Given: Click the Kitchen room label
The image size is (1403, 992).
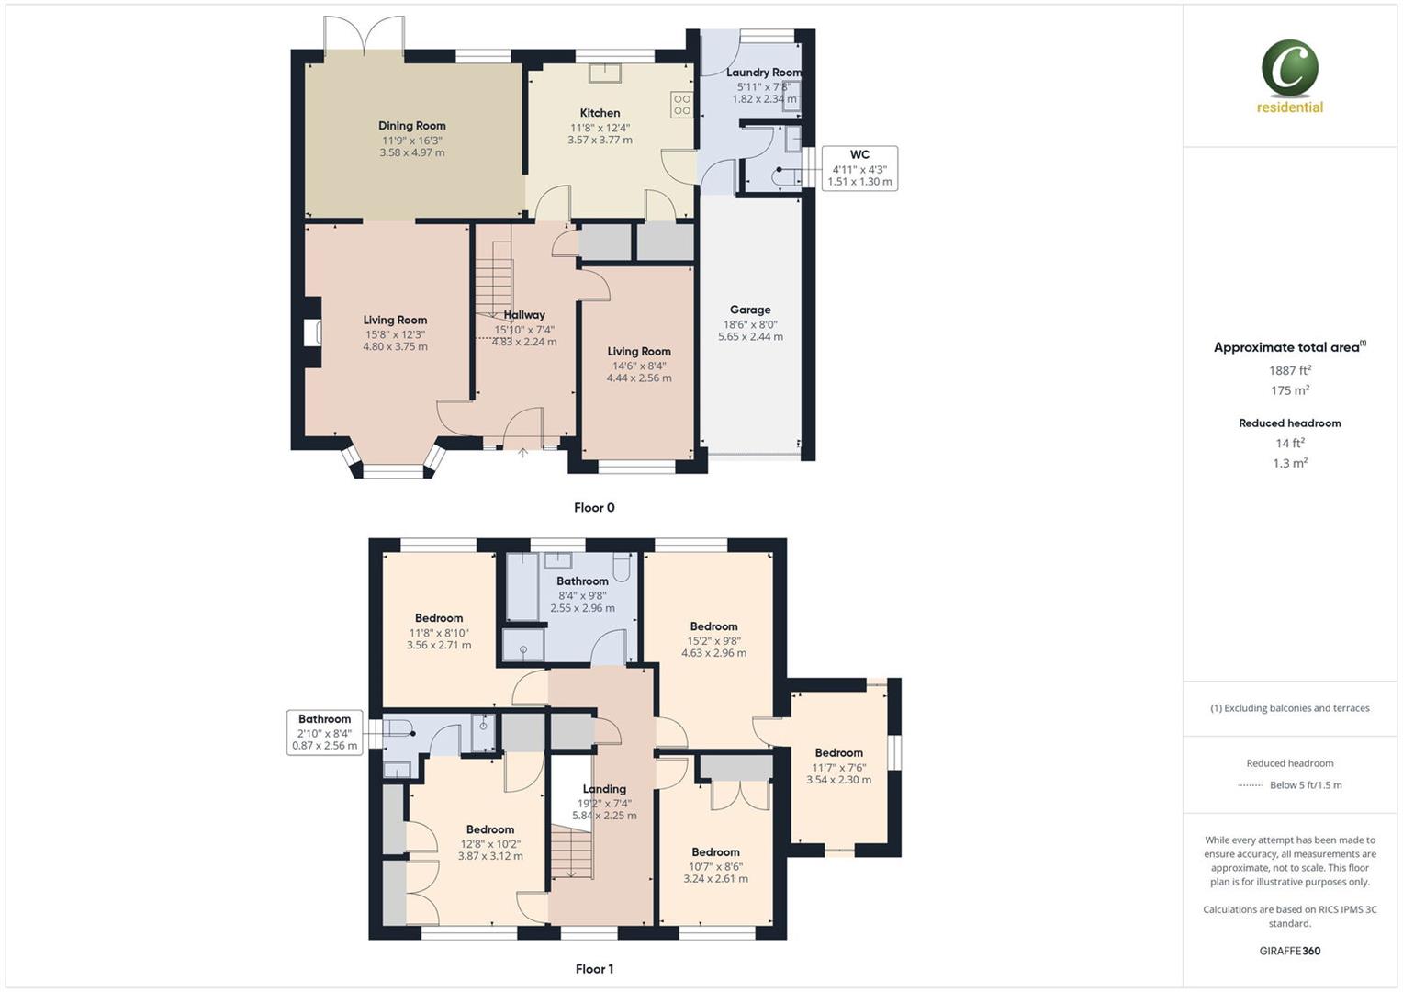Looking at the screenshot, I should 600,113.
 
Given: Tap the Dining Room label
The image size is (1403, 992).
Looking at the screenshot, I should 411,126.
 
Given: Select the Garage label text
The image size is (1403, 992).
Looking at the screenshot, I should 750,310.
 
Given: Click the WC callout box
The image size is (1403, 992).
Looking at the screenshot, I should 859,168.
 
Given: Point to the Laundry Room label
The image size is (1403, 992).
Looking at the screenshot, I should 763,73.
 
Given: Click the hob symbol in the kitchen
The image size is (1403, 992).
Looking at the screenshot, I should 681,105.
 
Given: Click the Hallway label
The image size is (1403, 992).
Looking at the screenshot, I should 523,315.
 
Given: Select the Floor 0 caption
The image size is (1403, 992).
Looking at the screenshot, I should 594,507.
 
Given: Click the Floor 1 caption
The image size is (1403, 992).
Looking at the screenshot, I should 594,968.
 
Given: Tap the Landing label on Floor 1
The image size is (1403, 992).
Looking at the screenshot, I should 604,789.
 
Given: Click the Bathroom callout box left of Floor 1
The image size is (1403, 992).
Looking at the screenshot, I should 325,732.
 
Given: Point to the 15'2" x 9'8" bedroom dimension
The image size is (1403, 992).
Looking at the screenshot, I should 713,641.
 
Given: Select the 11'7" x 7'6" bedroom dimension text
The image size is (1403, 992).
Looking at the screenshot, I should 838,768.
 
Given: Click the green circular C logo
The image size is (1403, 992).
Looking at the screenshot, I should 1289,69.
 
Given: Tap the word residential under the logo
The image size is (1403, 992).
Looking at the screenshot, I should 1289,107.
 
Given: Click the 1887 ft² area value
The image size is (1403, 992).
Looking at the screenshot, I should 1289,370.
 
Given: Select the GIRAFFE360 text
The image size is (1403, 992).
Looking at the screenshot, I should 1289,951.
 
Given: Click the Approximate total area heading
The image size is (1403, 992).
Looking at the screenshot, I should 1288,347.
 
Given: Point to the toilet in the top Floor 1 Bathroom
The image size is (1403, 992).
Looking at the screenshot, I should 621,569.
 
